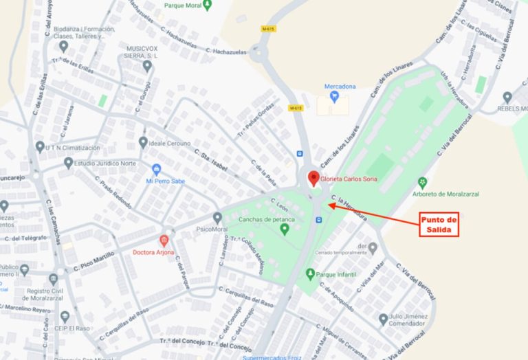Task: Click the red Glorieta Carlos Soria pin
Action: [314, 179]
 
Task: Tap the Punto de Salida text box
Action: [439, 225]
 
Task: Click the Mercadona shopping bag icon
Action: [334, 96]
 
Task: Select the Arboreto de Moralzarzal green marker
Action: [423, 183]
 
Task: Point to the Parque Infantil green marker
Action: [310, 275]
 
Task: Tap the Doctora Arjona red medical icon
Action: [164, 240]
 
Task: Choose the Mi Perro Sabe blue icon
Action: [157, 170]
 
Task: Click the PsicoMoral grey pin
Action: [217, 218]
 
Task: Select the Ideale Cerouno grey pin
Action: [143, 142]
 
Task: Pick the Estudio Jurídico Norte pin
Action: [68, 163]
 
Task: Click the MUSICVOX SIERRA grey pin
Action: [146, 66]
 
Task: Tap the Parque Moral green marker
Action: [208, 5]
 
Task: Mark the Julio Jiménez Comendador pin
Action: [383, 319]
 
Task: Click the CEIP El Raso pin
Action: [65, 317]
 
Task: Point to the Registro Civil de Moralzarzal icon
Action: [53, 280]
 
